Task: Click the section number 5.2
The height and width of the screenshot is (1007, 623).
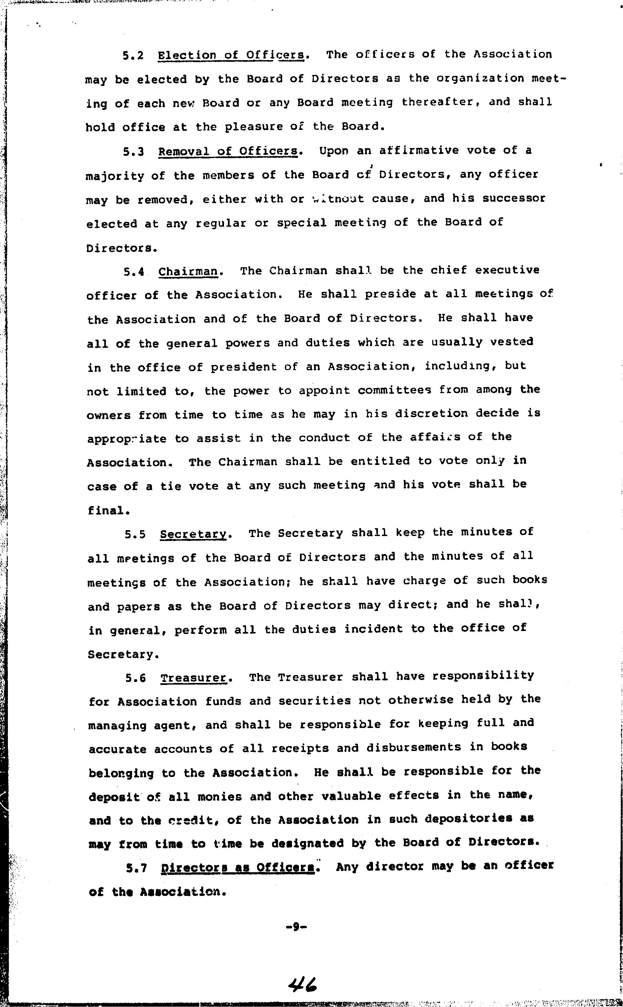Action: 133,56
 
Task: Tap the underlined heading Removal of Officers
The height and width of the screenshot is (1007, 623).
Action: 228,152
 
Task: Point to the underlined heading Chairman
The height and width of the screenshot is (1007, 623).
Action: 188,272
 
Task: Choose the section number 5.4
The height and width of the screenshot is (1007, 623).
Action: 134,272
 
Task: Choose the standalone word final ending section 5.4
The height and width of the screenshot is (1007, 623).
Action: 107,510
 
